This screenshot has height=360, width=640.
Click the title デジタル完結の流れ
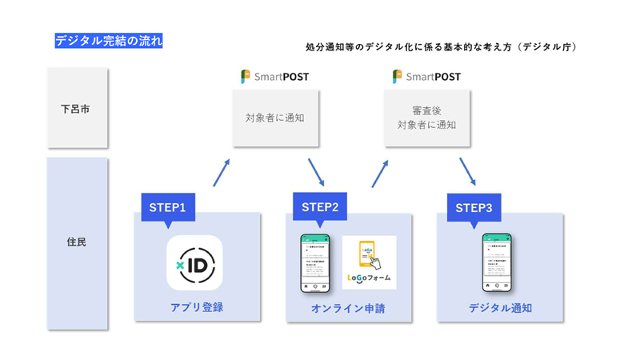coord(109,41)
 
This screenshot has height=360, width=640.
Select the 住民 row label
coord(77,241)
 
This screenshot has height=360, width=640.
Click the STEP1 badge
coord(168,207)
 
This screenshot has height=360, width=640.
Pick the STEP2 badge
coord(320,207)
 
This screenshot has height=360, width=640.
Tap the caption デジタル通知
coord(500,308)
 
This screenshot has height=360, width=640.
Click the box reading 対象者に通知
coord(275,118)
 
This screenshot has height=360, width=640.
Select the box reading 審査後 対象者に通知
coord(427,118)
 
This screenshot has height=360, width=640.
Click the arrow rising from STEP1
coord(222,172)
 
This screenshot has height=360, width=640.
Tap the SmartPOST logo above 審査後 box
coord(426,77)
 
